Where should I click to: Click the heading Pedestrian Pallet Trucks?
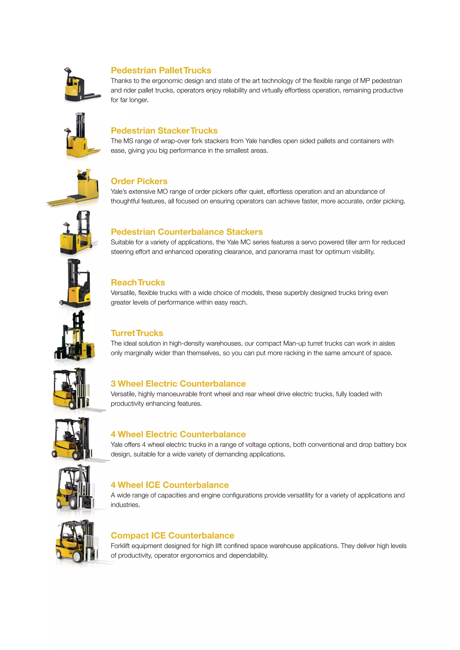click(x=161, y=70)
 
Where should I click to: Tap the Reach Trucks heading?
click(x=138, y=283)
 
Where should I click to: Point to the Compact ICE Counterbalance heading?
click(x=172, y=536)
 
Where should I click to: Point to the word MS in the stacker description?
click(x=128, y=141)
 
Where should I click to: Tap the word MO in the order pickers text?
click(x=163, y=192)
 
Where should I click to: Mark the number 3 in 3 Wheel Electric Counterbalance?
click(x=113, y=384)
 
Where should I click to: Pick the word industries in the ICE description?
click(x=125, y=505)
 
